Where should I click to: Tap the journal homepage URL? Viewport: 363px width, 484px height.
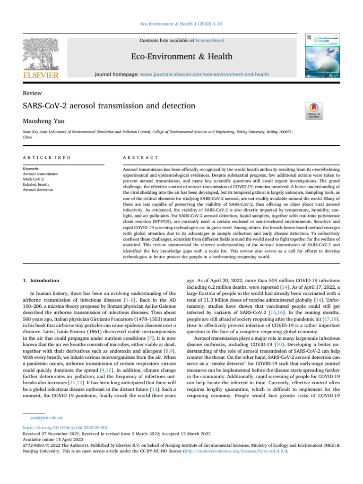point(205,74)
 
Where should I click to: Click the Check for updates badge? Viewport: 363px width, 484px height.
point(314,110)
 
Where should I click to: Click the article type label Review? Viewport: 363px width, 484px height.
point(32,93)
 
